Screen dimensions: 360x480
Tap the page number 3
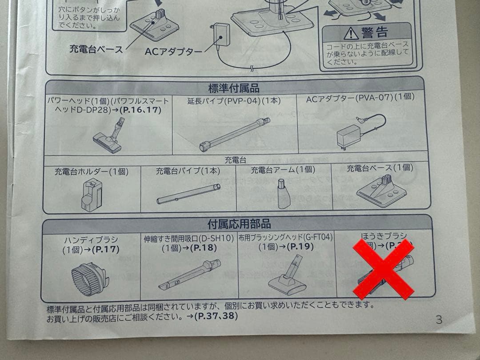[x=439, y=319]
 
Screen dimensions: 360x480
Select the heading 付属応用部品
[x=239, y=223]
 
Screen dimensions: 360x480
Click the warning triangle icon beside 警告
[x=352, y=32]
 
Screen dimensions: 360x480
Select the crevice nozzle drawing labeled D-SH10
[x=189, y=274]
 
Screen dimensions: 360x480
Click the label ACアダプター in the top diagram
[x=173, y=52]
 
